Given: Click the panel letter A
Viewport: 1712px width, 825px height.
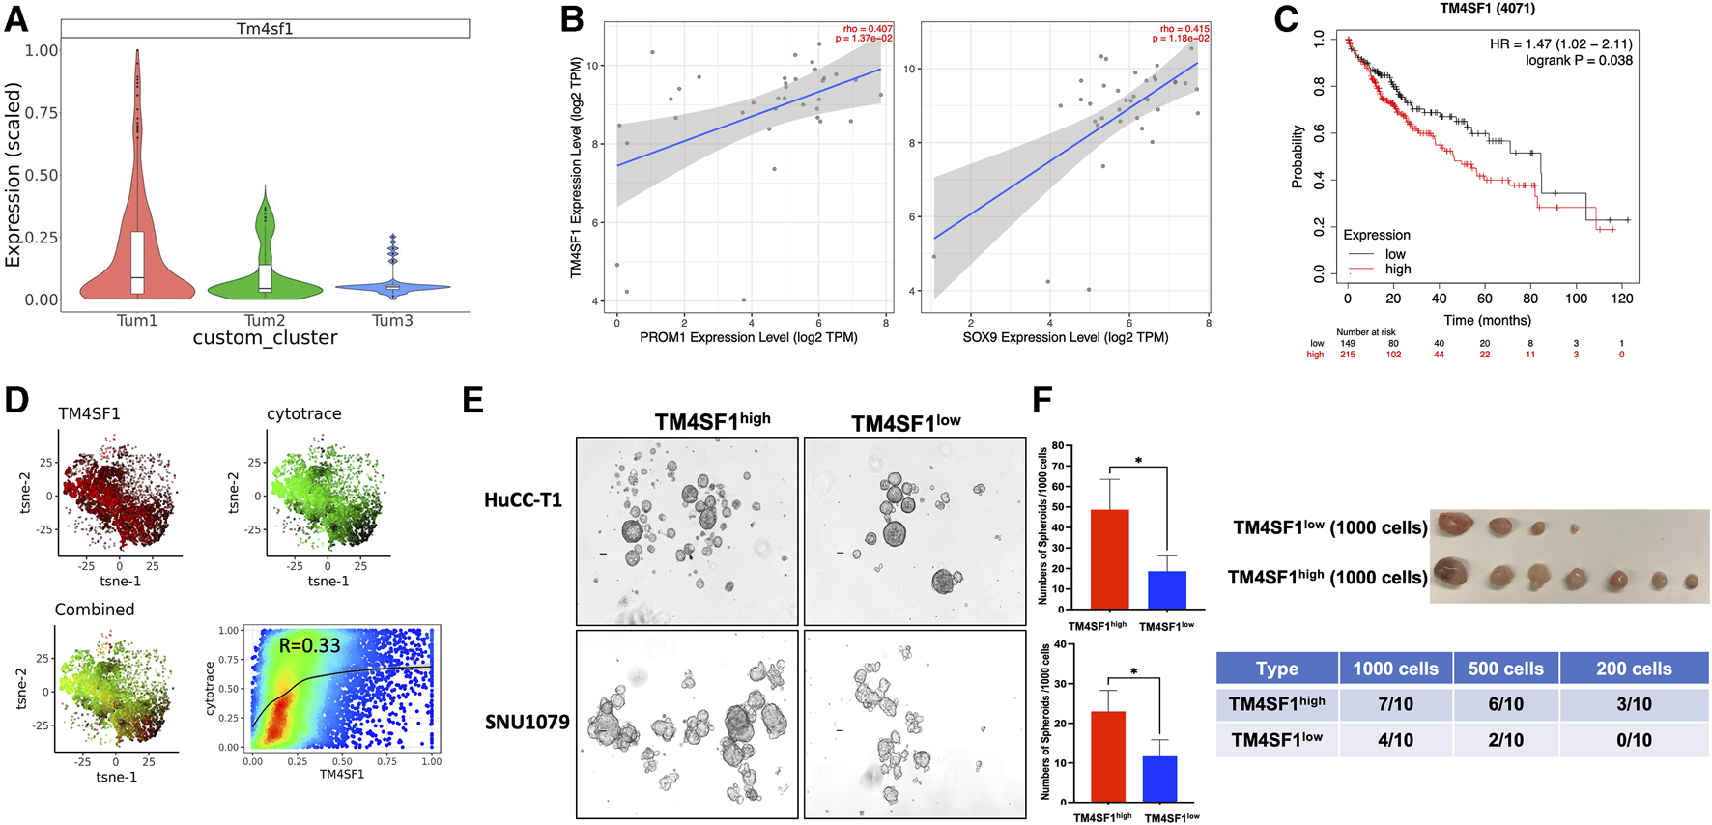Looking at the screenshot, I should (x=16, y=19).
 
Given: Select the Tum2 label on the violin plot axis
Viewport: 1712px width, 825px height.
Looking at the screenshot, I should (x=265, y=320).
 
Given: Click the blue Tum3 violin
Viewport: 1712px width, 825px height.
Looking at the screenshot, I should (x=392, y=286).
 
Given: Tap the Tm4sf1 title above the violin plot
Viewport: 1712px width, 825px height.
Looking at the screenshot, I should (x=265, y=29).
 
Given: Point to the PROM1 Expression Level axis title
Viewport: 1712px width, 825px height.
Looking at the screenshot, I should (x=749, y=337).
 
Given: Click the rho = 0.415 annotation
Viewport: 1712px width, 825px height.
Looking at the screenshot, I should (x=1184, y=29).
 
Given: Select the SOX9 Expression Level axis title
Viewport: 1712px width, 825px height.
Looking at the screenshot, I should (x=1065, y=337).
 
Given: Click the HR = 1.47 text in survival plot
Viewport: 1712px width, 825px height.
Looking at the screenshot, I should (x=1560, y=43).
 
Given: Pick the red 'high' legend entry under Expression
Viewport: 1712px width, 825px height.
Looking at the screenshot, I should (x=1397, y=269).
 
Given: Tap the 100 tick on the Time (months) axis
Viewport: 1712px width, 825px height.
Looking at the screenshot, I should (x=1576, y=299).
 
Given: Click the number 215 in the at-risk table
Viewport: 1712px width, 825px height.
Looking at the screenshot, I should (x=1347, y=355).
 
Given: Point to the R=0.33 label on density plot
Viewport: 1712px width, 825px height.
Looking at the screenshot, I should (x=309, y=645).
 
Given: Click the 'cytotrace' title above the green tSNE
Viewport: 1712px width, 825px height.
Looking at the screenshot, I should (x=303, y=413).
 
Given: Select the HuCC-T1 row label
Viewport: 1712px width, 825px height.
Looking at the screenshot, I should (x=523, y=500).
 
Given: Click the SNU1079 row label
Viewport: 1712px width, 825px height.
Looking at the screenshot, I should (x=527, y=722).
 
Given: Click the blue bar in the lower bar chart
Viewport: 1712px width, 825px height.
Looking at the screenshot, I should (x=1159, y=779).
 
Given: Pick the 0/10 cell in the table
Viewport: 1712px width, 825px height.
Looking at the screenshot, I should (x=1634, y=740).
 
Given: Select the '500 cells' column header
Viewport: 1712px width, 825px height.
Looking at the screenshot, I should (x=1505, y=669).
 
